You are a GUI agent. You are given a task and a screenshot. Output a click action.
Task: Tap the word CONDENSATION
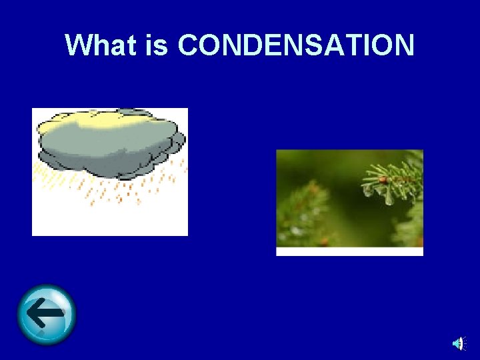point(297,45)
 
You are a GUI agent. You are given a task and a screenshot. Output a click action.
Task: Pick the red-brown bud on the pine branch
point(383,179)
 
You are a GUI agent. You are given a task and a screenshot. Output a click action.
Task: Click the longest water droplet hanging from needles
point(389,197)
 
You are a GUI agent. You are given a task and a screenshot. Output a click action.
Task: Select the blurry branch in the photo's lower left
point(303,213)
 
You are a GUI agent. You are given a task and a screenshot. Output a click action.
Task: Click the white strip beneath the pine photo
point(349,251)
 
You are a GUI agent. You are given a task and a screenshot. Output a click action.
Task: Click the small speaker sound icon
point(458,343)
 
